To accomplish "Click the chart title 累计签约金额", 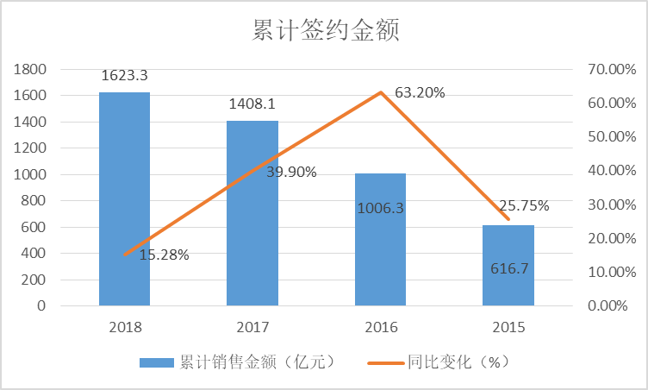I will click(325, 32).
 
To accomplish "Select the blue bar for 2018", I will click(124, 198).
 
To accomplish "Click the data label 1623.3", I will click(124, 75).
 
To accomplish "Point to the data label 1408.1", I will click(252, 104).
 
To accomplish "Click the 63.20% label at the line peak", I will click(420, 92).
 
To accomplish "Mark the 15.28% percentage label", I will click(164, 255).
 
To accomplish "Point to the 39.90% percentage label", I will click(291, 172).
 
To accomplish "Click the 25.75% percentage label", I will click(524, 205).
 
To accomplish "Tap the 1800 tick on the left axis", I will click(30, 69).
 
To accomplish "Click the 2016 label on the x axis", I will click(380, 327).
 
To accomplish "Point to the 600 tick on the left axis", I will click(34, 227).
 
